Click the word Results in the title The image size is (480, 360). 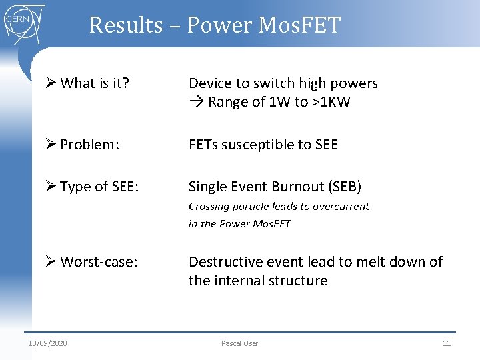tap(125, 25)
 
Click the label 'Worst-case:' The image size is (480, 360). tap(99, 262)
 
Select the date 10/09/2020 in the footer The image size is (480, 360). tap(47, 343)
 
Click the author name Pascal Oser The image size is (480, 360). tap(239, 343)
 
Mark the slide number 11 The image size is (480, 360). tap(447, 343)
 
